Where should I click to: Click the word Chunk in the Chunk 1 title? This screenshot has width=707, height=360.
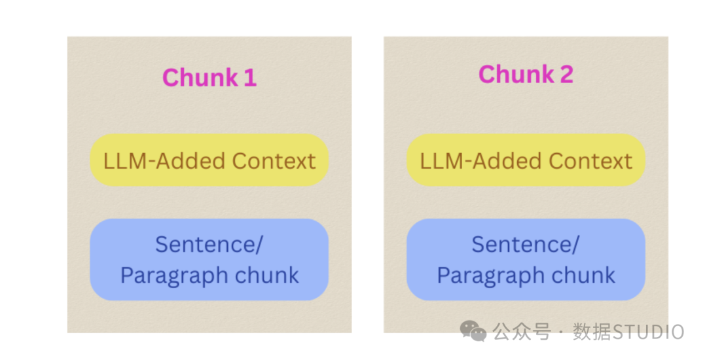[x=200, y=77]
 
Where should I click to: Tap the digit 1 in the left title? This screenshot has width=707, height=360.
[x=250, y=77]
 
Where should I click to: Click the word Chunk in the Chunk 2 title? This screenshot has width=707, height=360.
[x=517, y=74]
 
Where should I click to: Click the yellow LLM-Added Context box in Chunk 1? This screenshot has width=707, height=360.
[x=209, y=160]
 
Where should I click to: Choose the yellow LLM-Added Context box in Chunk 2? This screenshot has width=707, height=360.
[x=526, y=160]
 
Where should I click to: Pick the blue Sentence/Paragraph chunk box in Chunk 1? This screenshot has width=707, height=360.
[x=209, y=259]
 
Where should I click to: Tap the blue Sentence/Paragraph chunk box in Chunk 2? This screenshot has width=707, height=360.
[x=526, y=259]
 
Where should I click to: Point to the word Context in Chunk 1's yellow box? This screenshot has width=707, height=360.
[x=274, y=161]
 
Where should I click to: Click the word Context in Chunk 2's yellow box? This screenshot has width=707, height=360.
[x=590, y=161]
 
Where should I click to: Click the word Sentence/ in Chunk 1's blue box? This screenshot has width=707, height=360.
[x=209, y=245]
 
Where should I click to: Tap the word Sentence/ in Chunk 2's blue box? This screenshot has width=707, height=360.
[x=525, y=245]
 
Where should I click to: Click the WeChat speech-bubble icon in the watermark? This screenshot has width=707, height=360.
[x=473, y=331]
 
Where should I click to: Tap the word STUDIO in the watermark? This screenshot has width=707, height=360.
[x=648, y=332]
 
